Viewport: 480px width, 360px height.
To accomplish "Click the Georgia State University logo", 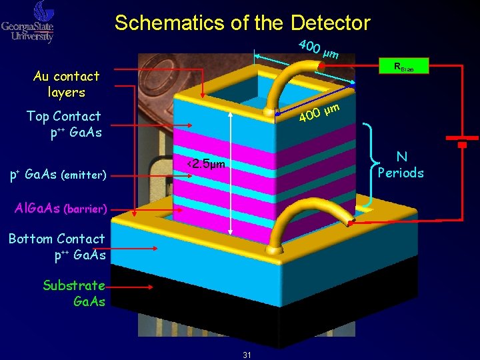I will point(28,21).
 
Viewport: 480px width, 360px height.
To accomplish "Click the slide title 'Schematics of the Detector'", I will point(242,23).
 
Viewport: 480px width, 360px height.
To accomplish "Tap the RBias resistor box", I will point(403,67).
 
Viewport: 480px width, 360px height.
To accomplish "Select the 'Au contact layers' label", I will point(66,84).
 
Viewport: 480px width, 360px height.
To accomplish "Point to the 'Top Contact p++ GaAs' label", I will point(64,124).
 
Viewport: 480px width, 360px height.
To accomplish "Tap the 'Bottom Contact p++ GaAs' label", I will point(57,246).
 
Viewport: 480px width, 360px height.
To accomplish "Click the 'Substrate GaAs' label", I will point(74,293).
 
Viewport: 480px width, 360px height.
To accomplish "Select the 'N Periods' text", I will point(401,165).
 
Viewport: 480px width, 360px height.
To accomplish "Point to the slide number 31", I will point(247,355).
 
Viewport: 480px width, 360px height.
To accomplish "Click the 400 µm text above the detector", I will point(319,49).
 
